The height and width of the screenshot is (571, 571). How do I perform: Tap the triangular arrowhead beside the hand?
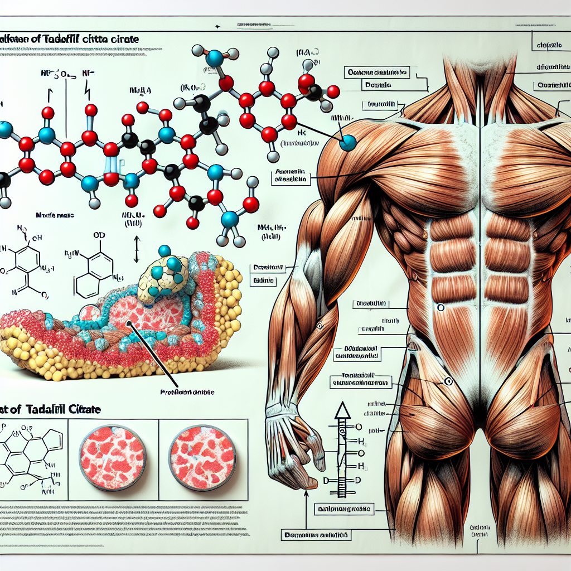point(341,412)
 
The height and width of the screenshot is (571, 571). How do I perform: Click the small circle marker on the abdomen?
point(440,307)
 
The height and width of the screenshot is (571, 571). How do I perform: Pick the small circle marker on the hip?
point(447,381)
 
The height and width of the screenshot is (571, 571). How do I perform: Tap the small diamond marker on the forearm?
point(320,326)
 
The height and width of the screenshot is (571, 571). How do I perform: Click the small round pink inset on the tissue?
point(89,314)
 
